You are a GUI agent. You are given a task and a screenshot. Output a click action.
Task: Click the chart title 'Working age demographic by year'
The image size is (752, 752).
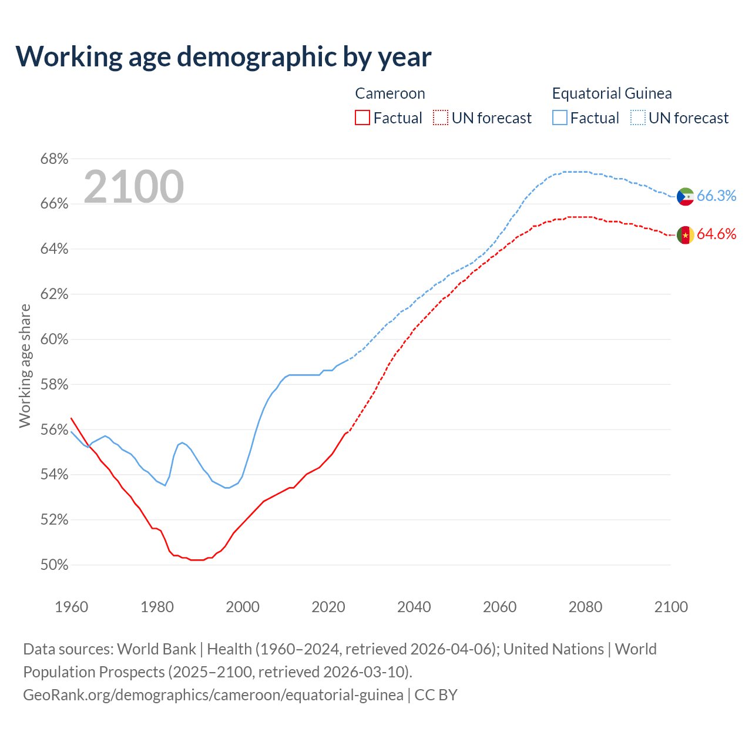coord(223,57)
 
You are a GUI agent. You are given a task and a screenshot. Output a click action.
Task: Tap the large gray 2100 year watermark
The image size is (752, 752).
coord(134,187)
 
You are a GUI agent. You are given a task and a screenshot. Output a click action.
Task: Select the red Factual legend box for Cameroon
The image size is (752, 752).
coord(362,117)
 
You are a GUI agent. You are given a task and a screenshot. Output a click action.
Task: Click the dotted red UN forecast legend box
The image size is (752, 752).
coord(441,117)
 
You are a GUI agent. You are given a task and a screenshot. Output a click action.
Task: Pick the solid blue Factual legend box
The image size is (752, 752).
coord(560,117)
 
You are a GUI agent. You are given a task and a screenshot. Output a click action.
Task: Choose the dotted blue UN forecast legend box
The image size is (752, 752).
coord(638,117)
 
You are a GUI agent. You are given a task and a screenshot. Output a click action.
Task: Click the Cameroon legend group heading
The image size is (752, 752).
coord(390,93)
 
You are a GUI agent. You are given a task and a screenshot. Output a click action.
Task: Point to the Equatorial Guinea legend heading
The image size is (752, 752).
coord(612,93)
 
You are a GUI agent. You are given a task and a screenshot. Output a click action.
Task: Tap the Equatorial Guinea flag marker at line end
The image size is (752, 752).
coord(686,196)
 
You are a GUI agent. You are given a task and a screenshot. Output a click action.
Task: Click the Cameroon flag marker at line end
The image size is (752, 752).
coord(686,235)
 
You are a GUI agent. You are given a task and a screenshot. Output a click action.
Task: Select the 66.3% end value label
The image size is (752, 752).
coord(717,196)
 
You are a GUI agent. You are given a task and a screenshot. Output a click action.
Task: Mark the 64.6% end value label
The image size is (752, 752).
coord(717,234)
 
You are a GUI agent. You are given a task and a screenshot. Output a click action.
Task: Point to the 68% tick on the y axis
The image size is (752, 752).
coord(54,159)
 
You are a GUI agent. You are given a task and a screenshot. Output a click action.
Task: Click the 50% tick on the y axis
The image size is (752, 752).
coord(54,565)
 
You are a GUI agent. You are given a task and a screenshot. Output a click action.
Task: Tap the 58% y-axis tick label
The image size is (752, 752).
coord(54,385)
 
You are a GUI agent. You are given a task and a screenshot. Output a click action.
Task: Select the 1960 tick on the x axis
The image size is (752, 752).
coord(72,607)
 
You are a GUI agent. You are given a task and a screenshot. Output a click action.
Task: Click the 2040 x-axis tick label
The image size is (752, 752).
coord(414,607)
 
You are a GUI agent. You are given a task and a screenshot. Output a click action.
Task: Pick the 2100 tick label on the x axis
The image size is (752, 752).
coord(671,607)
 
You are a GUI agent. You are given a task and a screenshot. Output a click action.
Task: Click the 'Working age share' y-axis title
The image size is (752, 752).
coord(25,365)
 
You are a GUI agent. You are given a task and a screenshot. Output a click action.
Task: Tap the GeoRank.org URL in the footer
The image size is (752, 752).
coord(213,695)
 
